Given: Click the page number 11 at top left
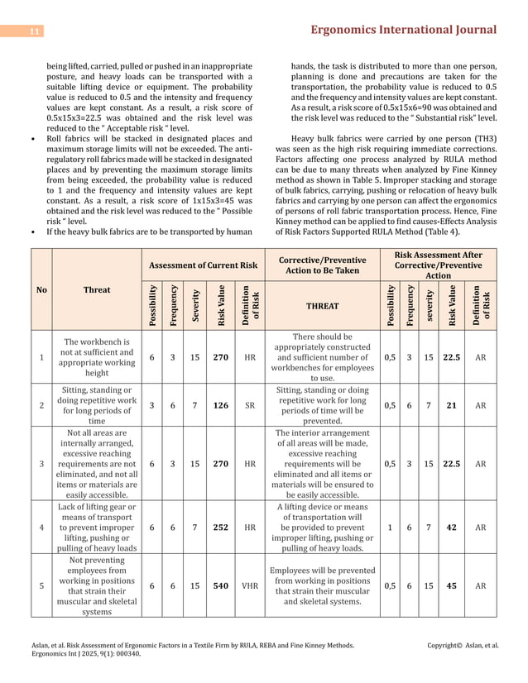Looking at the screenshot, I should tap(36, 31).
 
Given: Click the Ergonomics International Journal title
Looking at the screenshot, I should tap(403, 30).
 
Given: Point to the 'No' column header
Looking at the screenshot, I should tap(41, 289).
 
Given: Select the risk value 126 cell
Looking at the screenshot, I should tap(221, 404).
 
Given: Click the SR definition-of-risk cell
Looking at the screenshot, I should tap(249, 404).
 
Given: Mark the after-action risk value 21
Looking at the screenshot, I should tap(452, 404).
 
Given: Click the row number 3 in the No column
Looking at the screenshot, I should tap(41, 464).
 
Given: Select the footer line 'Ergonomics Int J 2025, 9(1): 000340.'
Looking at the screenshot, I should tap(86, 652).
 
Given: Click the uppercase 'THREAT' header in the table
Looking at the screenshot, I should tap(322, 305).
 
